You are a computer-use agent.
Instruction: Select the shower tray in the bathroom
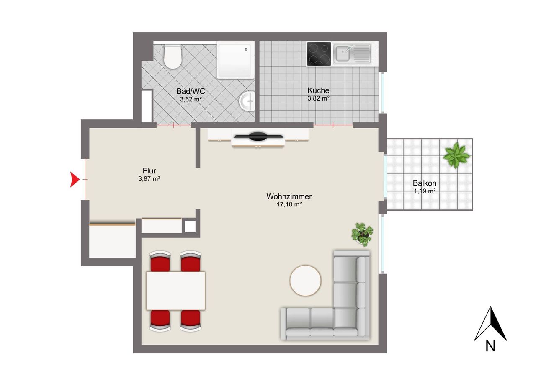[236, 59]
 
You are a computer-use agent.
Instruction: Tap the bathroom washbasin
[247, 101]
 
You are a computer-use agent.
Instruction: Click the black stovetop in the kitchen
[319, 54]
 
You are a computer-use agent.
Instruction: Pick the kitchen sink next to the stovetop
[352, 54]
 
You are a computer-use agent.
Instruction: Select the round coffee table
[306, 281]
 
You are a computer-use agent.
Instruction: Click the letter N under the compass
[491, 346]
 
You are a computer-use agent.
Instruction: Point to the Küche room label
[318, 90]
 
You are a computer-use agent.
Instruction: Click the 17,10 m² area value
[289, 205]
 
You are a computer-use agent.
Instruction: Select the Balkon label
[425, 183]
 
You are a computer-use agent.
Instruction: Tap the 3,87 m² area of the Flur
[149, 179]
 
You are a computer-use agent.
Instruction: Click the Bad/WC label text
[191, 91]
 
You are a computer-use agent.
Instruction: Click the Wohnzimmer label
[289, 196]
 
